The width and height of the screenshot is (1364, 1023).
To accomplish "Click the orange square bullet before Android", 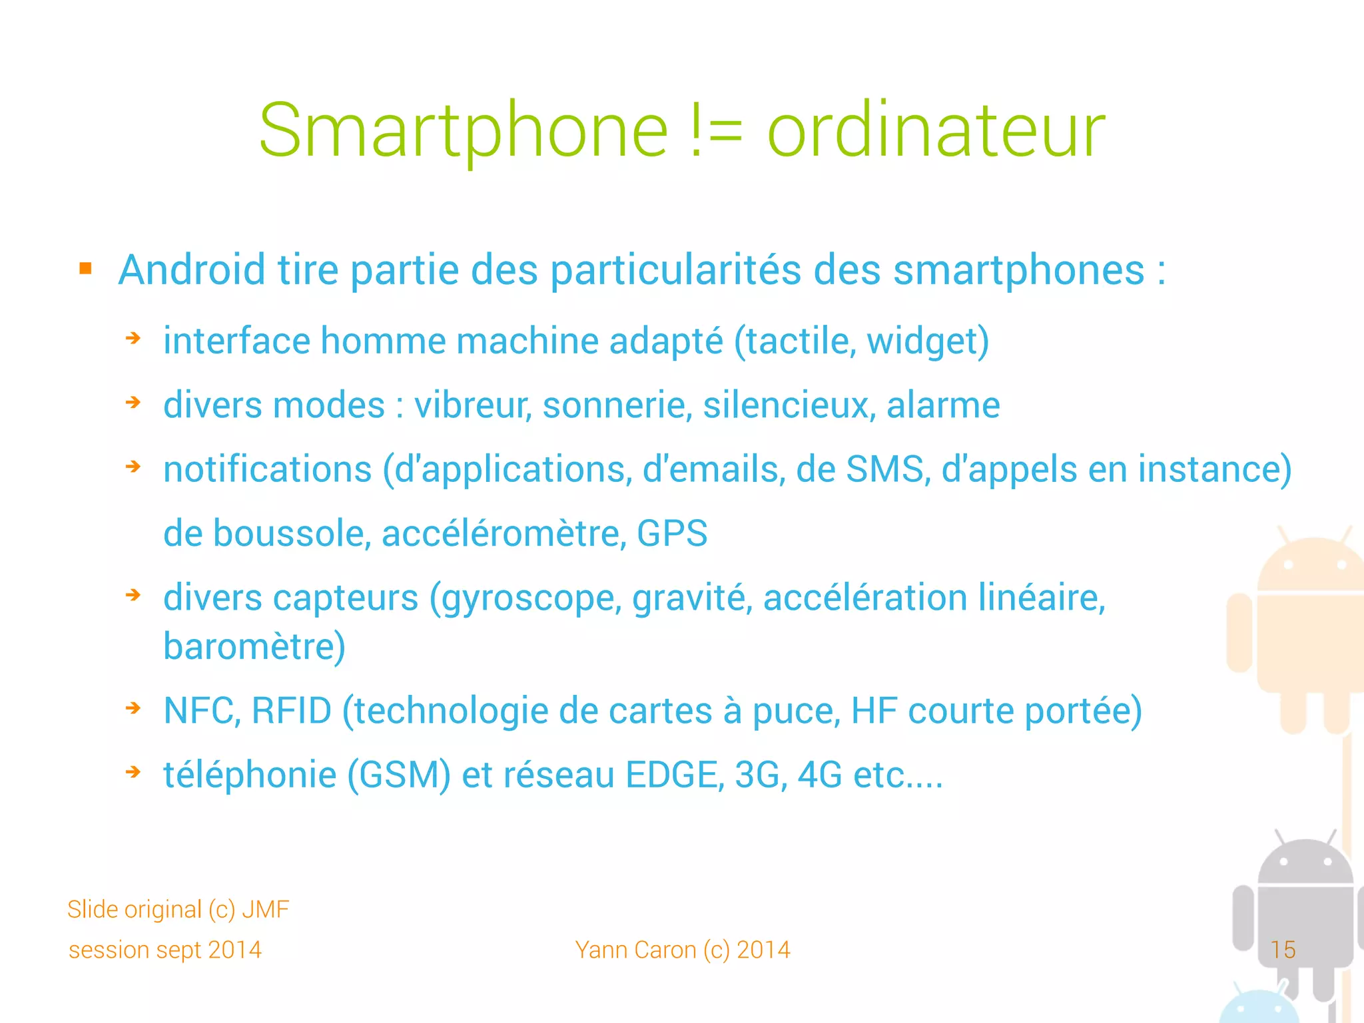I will [x=85, y=268].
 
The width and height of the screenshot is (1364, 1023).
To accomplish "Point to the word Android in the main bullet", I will [x=192, y=270].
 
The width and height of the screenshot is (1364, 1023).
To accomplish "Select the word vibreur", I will [x=472, y=405].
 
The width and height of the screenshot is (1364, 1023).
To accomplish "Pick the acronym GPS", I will [x=672, y=533].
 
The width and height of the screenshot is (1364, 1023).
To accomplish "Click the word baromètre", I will [x=254, y=646].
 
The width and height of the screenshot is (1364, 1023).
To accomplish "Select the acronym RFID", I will [x=291, y=710].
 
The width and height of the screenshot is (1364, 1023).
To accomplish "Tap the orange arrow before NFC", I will [x=133, y=708].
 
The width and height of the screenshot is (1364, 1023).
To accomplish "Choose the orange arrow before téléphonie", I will [x=133, y=772].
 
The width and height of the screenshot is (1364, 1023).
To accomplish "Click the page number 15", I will [x=1283, y=949].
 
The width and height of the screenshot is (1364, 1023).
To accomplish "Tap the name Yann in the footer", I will [x=597, y=950].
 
